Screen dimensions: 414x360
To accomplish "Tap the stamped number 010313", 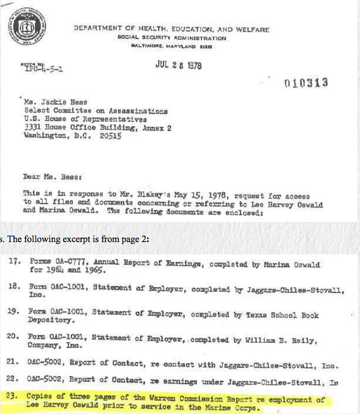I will point(306,83).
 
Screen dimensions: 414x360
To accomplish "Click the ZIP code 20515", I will point(110,136).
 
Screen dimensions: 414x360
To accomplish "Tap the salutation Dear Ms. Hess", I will point(51,176).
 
